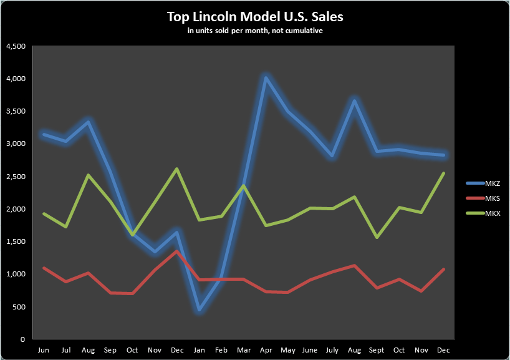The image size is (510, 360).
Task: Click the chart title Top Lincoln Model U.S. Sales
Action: [x=255, y=17]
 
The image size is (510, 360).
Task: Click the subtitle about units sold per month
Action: [x=255, y=31]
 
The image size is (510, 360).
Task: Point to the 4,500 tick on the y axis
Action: [x=15, y=47]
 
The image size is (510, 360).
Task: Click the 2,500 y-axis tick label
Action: [x=15, y=177]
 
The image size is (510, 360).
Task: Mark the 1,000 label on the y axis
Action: [x=15, y=275]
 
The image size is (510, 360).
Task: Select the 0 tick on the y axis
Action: [x=22, y=339]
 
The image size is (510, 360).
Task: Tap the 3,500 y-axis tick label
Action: [x=15, y=112]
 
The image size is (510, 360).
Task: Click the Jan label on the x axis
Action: [x=199, y=349]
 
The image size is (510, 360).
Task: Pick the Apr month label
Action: [x=266, y=349]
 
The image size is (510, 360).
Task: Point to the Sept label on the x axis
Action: [x=377, y=349]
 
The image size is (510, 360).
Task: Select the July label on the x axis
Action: [x=332, y=349]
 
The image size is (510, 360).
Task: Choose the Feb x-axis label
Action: [x=221, y=349]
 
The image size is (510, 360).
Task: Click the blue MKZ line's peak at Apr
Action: [x=266, y=78]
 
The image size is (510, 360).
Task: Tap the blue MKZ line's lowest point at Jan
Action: [x=199, y=310]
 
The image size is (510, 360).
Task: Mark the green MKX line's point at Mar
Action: [x=243, y=185]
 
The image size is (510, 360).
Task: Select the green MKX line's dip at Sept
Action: [x=377, y=237]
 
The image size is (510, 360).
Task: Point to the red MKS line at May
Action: [x=288, y=292]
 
